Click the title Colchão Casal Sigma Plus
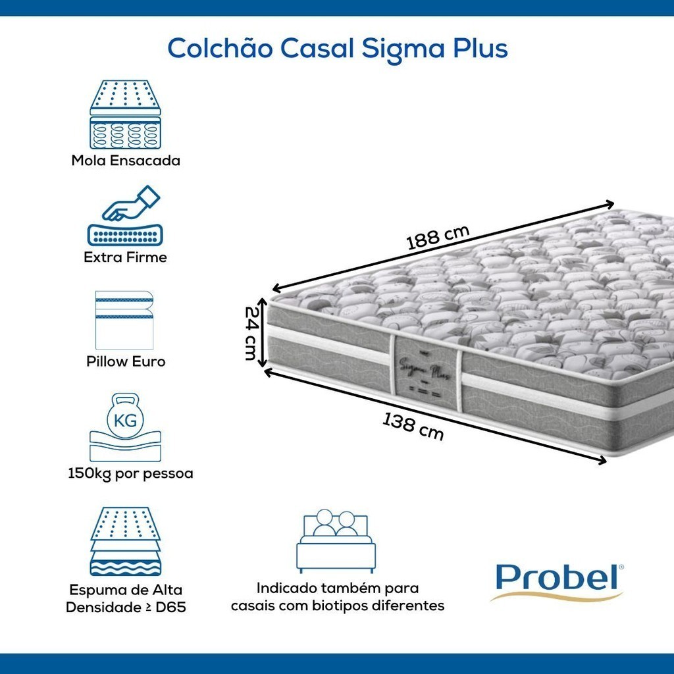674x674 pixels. pos(338,49)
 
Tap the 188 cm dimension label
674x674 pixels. pos(438,237)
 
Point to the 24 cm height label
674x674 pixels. pos(250,333)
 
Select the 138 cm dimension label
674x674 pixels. pos(413,427)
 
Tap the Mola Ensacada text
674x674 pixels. pos(126,161)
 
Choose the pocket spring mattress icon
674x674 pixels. pos(125,115)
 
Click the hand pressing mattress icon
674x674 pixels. pos(125,216)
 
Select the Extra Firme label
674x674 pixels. pos(125,257)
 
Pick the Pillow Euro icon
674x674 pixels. pos(124,321)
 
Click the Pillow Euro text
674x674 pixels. pos(126,361)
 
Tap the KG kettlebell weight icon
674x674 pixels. pos(125,427)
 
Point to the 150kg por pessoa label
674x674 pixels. pos(130,474)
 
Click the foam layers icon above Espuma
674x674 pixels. pos(125,541)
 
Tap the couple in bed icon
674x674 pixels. pos(336,541)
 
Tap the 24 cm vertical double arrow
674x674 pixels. pos(262,333)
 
